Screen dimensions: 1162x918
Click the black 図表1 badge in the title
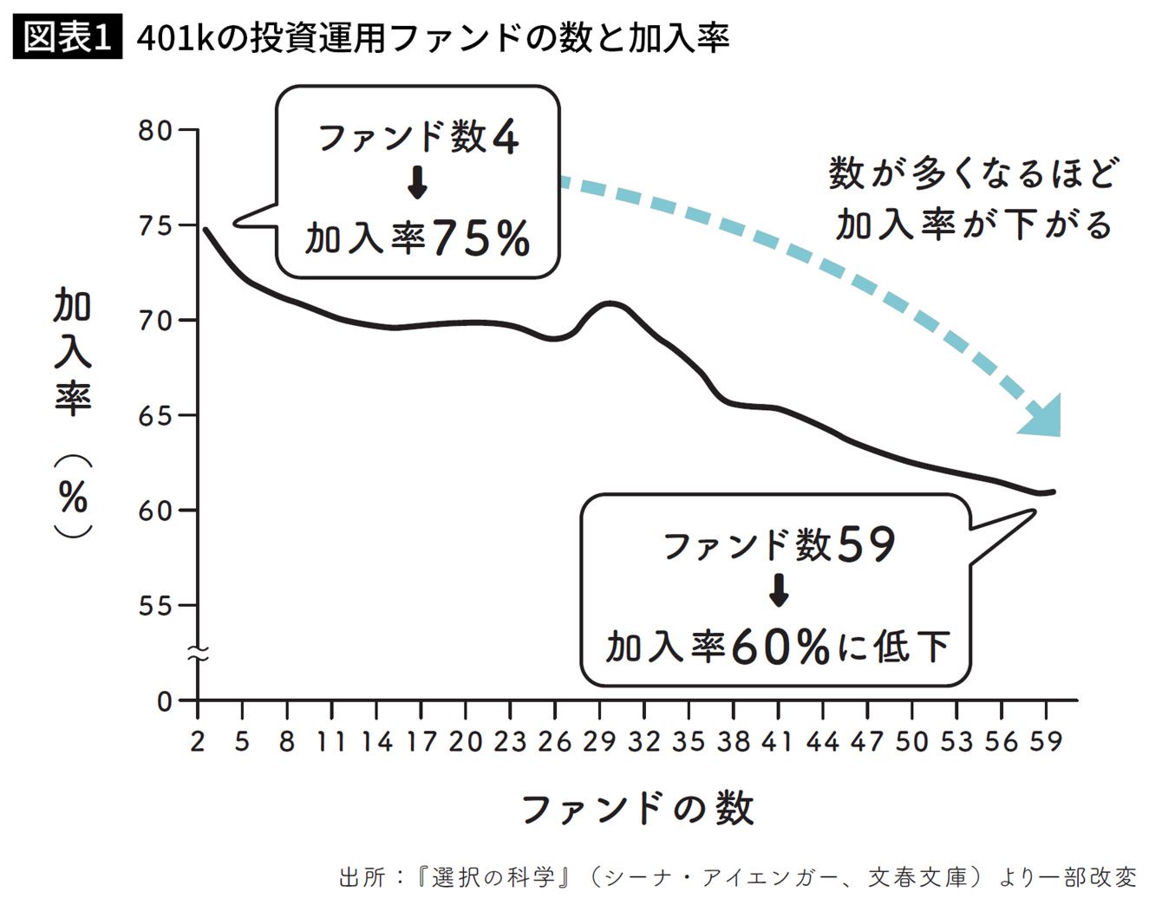(68, 36)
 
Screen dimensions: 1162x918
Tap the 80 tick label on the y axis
(155, 131)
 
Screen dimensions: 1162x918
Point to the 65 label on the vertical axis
(155, 415)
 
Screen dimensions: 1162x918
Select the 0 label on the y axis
(165, 702)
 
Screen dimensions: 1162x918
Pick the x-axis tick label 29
(599, 741)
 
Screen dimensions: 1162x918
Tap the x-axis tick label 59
(1046, 741)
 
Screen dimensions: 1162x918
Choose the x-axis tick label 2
(198, 741)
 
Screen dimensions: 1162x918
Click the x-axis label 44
(822, 741)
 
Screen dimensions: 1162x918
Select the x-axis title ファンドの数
(637, 809)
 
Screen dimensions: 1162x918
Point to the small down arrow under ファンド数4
(417, 183)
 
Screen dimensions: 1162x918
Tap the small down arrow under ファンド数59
(779, 590)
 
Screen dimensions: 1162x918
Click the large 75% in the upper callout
(480, 238)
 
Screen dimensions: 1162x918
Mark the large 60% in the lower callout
(780, 646)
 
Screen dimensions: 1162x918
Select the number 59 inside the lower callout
(865, 544)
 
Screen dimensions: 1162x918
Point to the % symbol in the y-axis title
(74, 497)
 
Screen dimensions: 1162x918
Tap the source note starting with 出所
(738, 877)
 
